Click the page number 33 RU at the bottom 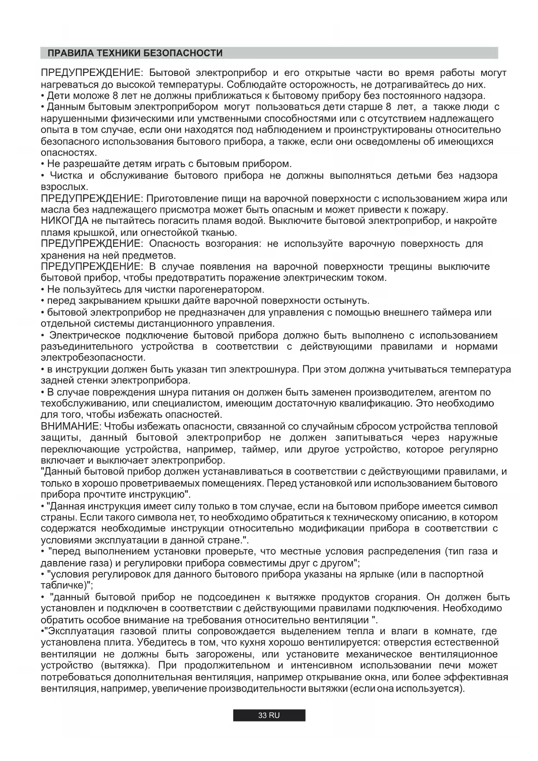(x=269, y=715)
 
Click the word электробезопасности (x=93, y=358)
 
